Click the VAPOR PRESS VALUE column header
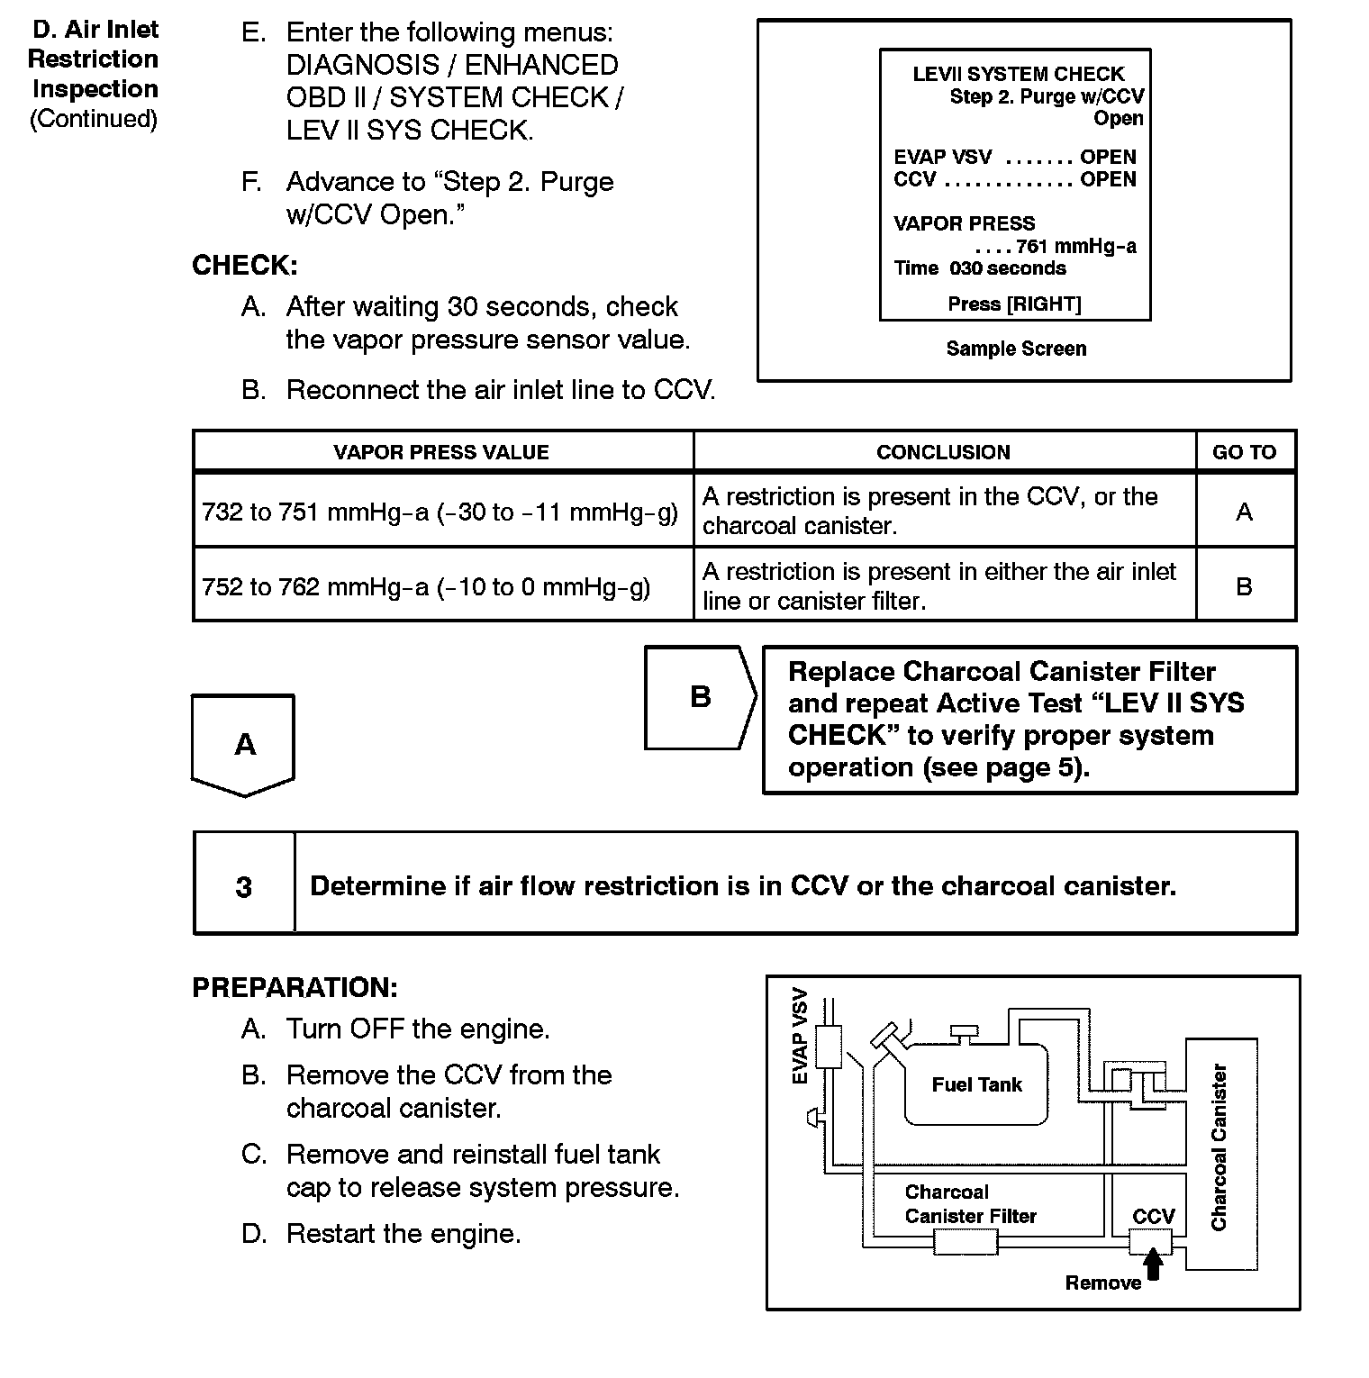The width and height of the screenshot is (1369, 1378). [x=441, y=452]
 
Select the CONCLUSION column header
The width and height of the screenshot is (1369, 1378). [x=943, y=452]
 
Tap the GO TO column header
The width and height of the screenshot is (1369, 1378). [x=1244, y=452]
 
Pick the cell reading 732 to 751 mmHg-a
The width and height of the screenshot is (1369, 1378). [x=440, y=512]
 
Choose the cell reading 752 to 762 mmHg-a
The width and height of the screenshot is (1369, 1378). [x=427, y=587]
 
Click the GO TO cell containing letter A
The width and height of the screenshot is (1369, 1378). [x=1244, y=512]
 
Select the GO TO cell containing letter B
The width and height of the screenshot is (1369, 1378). [x=1244, y=587]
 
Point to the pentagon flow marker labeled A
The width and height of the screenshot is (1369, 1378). [x=244, y=745]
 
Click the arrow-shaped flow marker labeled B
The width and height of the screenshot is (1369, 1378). [x=701, y=697]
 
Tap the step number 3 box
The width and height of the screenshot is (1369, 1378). [x=244, y=886]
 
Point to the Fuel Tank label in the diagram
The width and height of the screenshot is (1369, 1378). [x=976, y=1084]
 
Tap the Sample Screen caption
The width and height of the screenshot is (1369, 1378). [x=1016, y=349]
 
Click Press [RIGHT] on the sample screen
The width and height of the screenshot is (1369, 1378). [x=1014, y=304]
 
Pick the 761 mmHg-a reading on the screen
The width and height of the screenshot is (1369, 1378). [x=1075, y=246]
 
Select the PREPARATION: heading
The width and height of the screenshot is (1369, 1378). [x=295, y=987]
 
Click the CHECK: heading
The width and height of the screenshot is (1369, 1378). [x=244, y=266]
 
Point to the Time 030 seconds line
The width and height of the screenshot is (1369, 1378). [x=980, y=268]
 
